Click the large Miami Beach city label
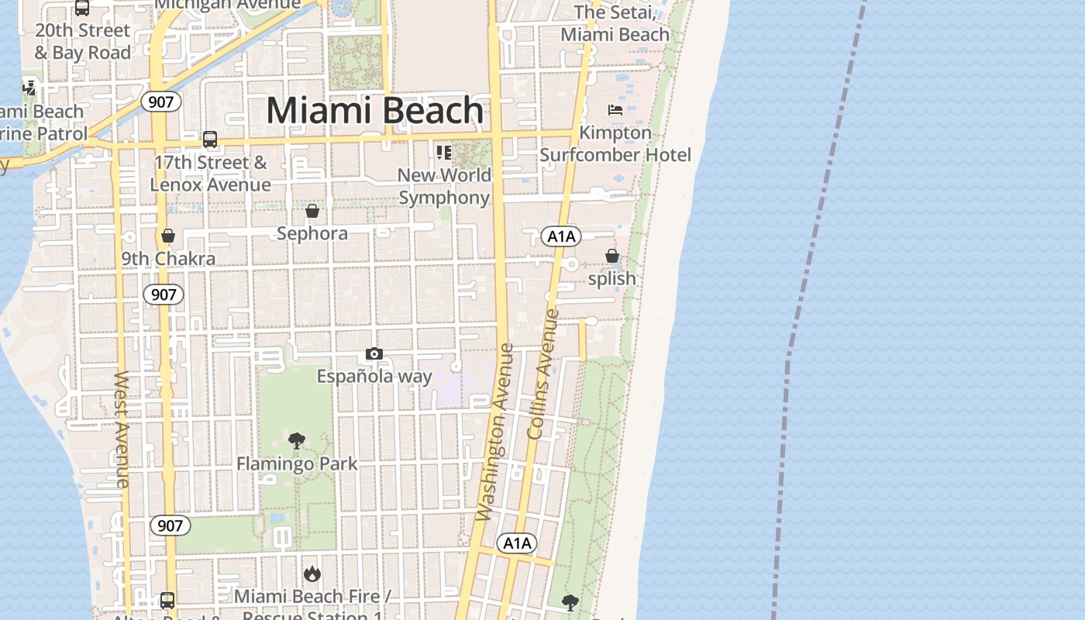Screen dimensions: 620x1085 [x=375, y=111]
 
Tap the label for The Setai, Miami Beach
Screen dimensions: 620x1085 [x=615, y=23]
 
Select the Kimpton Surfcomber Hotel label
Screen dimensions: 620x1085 [x=615, y=144]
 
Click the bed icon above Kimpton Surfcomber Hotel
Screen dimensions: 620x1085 [x=615, y=110]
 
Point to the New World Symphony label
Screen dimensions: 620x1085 [x=445, y=186]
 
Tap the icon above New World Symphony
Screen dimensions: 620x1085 [x=443, y=152]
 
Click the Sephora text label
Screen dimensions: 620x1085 [x=312, y=233]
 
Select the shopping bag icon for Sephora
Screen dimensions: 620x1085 [x=312, y=211]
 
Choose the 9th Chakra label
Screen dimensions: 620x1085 [x=168, y=259]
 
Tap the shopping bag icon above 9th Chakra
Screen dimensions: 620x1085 [x=168, y=236]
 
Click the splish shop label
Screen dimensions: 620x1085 [x=612, y=278]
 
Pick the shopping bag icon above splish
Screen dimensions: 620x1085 [x=612, y=256]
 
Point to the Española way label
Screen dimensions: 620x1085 [x=374, y=377]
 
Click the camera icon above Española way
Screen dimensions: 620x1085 [x=374, y=354]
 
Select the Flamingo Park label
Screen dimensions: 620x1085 [x=297, y=463]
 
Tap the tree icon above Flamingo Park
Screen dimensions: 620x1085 [x=297, y=441]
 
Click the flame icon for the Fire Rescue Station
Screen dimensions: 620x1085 [x=312, y=573]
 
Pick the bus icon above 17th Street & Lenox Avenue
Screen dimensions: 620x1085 [x=210, y=139]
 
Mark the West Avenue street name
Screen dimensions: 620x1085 [x=122, y=430]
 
